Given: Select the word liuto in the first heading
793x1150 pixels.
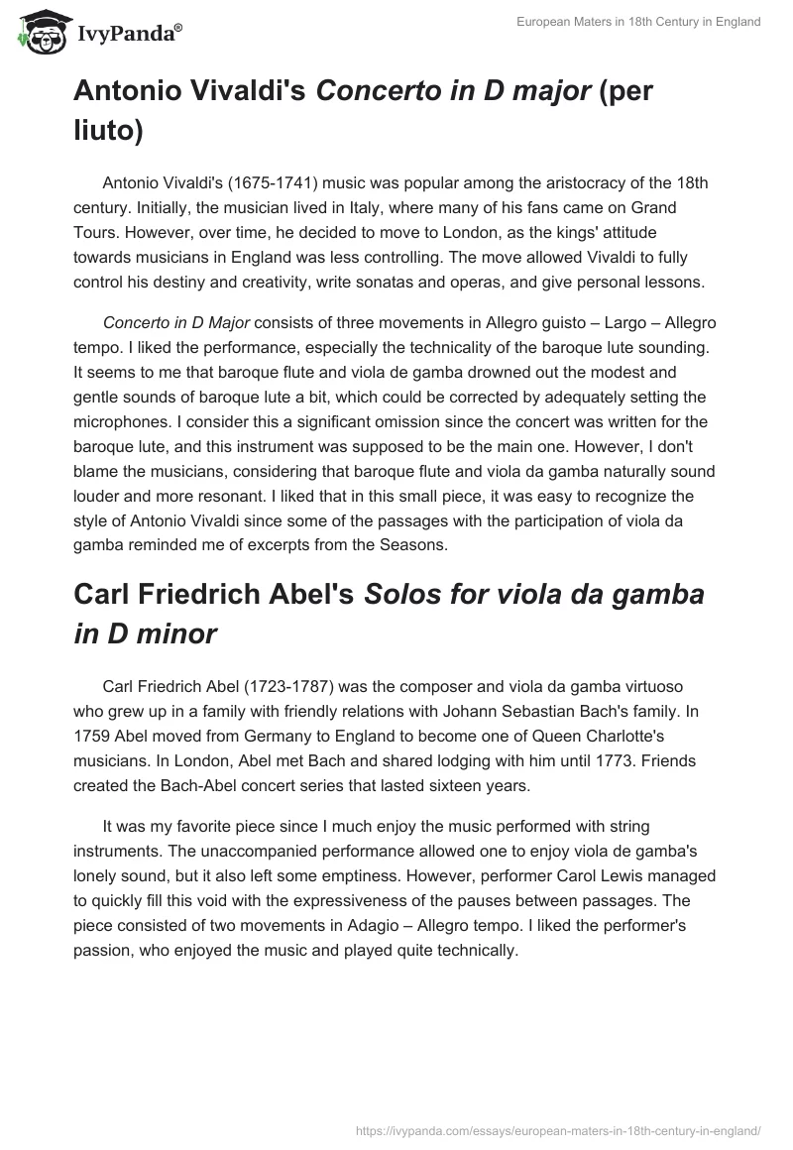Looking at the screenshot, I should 105,131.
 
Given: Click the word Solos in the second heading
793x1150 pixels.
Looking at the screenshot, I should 401,594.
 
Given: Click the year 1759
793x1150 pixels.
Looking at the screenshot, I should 94,736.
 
